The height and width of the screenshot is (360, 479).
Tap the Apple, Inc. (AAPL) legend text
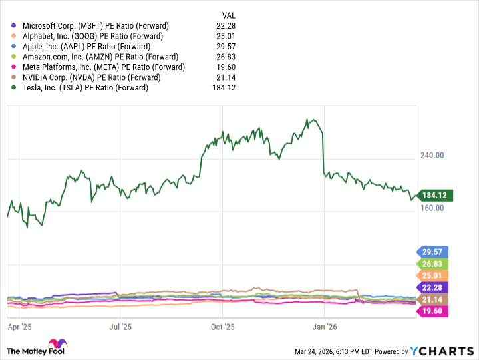pyautogui.click(x=86, y=47)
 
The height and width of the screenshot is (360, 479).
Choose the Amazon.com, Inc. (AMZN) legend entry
pyautogui.click(x=99, y=57)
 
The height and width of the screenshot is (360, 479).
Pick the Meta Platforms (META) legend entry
pyautogui.click(x=103, y=67)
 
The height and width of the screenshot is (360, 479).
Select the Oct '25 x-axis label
pyautogui.click(x=223, y=327)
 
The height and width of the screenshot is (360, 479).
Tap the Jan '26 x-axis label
pyautogui.click(x=324, y=327)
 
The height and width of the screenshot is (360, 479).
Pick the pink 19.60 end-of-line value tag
pyautogui.click(x=433, y=312)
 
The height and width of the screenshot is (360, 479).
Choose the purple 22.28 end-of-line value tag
pyautogui.click(x=433, y=287)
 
